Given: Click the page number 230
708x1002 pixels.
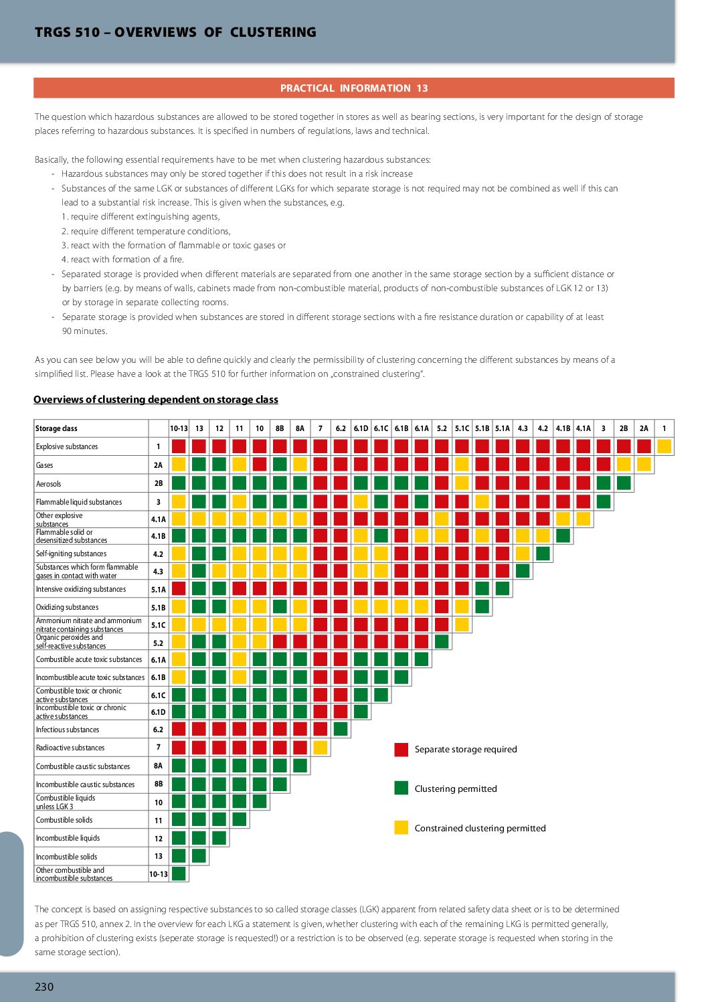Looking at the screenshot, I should coord(44,987).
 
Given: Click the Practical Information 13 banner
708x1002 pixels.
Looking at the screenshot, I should coord(354,88).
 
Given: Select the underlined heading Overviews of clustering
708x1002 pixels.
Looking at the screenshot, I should coord(156,400).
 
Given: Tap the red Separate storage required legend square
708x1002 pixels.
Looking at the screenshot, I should coord(402,750).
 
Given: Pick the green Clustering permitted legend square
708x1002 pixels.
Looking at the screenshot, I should coord(402,788).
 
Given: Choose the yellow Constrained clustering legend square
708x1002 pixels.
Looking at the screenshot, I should coord(402,827).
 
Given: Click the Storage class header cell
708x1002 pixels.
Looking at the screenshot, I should coord(57,428).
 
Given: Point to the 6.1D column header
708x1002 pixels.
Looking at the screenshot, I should coord(361,428).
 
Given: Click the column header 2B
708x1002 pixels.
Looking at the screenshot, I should coord(624,428).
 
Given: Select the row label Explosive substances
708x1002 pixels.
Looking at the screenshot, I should coord(67,446).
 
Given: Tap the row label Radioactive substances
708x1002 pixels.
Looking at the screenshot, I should coord(70,748).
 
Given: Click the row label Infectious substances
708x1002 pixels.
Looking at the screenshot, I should coord(68,730).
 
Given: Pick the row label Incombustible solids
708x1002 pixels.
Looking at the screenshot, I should coord(66,857).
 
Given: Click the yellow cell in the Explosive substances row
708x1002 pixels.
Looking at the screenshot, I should coord(665,446).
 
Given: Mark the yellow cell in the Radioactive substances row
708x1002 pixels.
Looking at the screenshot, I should coord(321,747).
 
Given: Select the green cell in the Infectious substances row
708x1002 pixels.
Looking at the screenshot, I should coord(341,729).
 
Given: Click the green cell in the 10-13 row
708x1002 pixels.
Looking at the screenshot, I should coord(179,873).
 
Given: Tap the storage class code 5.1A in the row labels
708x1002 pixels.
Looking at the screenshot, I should coord(158,590).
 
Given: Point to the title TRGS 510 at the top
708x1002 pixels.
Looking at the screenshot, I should coord(67,32).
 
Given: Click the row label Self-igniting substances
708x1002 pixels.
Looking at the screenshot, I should coord(71,554).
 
